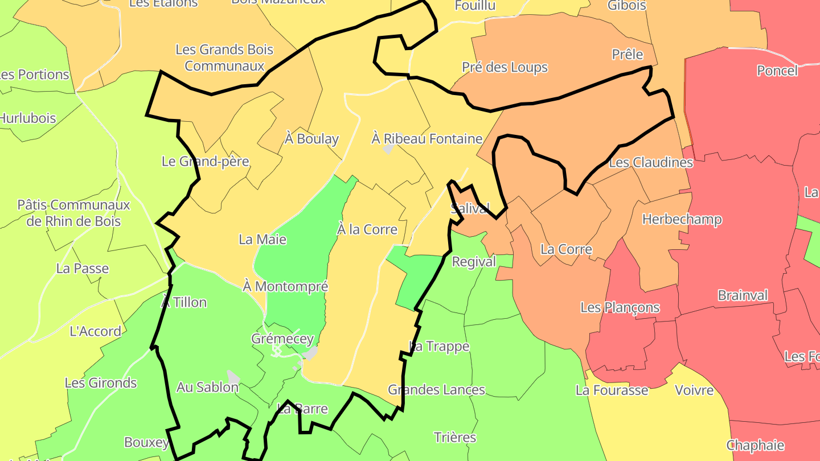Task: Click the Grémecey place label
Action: pyautogui.click(x=282, y=339)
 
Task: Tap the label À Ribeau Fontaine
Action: pyautogui.click(x=427, y=139)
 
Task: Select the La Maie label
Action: pyautogui.click(x=263, y=240)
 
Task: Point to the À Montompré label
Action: pyautogui.click(x=285, y=286)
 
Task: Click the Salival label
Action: pyautogui.click(x=470, y=209)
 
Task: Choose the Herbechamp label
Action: pyautogui.click(x=682, y=220)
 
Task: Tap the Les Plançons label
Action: pyautogui.click(x=620, y=308)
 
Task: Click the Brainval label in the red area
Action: pyautogui.click(x=743, y=296)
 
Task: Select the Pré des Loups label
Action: pyautogui.click(x=505, y=67)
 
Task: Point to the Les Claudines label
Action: pyautogui.click(x=651, y=163)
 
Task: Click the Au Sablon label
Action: pyautogui.click(x=207, y=388)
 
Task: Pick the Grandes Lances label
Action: pyautogui.click(x=436, y=390)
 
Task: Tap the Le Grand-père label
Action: pyautogui.click(x=206, y=162)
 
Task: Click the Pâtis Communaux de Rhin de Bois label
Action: pyautogui.click(x=73, y=213)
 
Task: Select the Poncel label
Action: pyautogui.click(x=777, y=71)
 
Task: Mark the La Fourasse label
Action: pyautogui.click(x=612, y=390)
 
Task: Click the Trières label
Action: pyautogui.click(x=454, y=438)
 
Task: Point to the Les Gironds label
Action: pyautogui.click(x=101, y=383)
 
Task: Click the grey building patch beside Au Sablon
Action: pyautogui.click(x=233, y=377)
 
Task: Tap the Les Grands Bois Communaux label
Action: pyautogui.click(x=224, y=57)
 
